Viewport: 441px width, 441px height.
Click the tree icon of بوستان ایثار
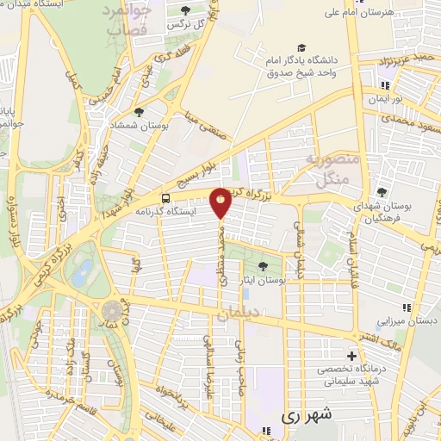(x=263, y=265)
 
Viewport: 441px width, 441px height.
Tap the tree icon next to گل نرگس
(x=186, y=10)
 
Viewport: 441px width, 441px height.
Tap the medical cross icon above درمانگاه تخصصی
(x=351, y=356)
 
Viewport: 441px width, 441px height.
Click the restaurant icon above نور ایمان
(x=385, y=85)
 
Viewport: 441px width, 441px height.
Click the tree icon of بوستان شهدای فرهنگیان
(x=382, y=192)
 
